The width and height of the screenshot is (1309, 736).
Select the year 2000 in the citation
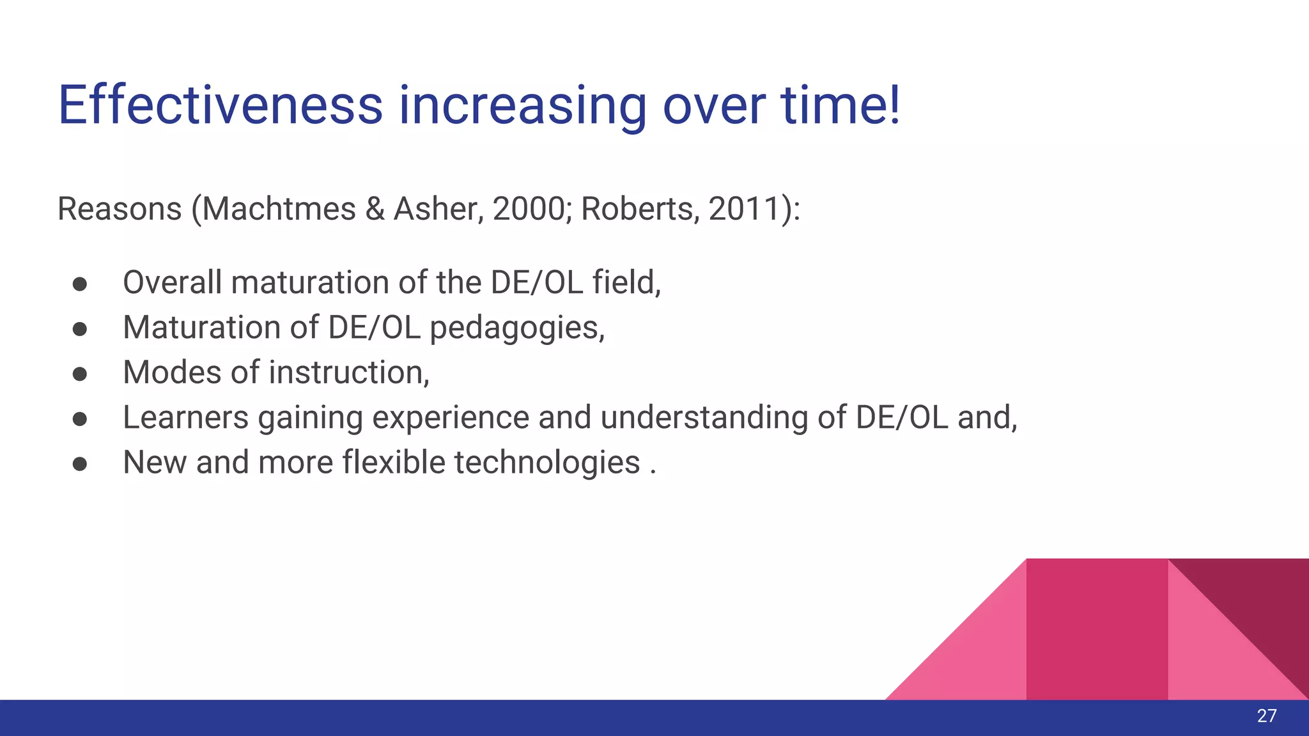click(528, 209)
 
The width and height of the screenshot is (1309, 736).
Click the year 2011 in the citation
click(742, 209)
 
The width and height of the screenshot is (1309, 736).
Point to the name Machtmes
click(279, 209)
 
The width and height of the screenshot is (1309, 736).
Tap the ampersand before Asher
click(375, 210)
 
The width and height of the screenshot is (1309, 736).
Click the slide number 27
click(1266, 716)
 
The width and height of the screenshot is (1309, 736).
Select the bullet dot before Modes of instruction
click(80, 374)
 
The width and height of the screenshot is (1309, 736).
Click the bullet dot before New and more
click(80, 464)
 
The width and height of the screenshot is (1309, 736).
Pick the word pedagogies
click(516, 328)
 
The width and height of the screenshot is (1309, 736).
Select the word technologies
click(546, 463)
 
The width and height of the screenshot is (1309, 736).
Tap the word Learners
click(185, 418)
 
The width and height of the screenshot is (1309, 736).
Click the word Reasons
click(120, 209)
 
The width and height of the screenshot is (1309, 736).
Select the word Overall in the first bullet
click(172, 282)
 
